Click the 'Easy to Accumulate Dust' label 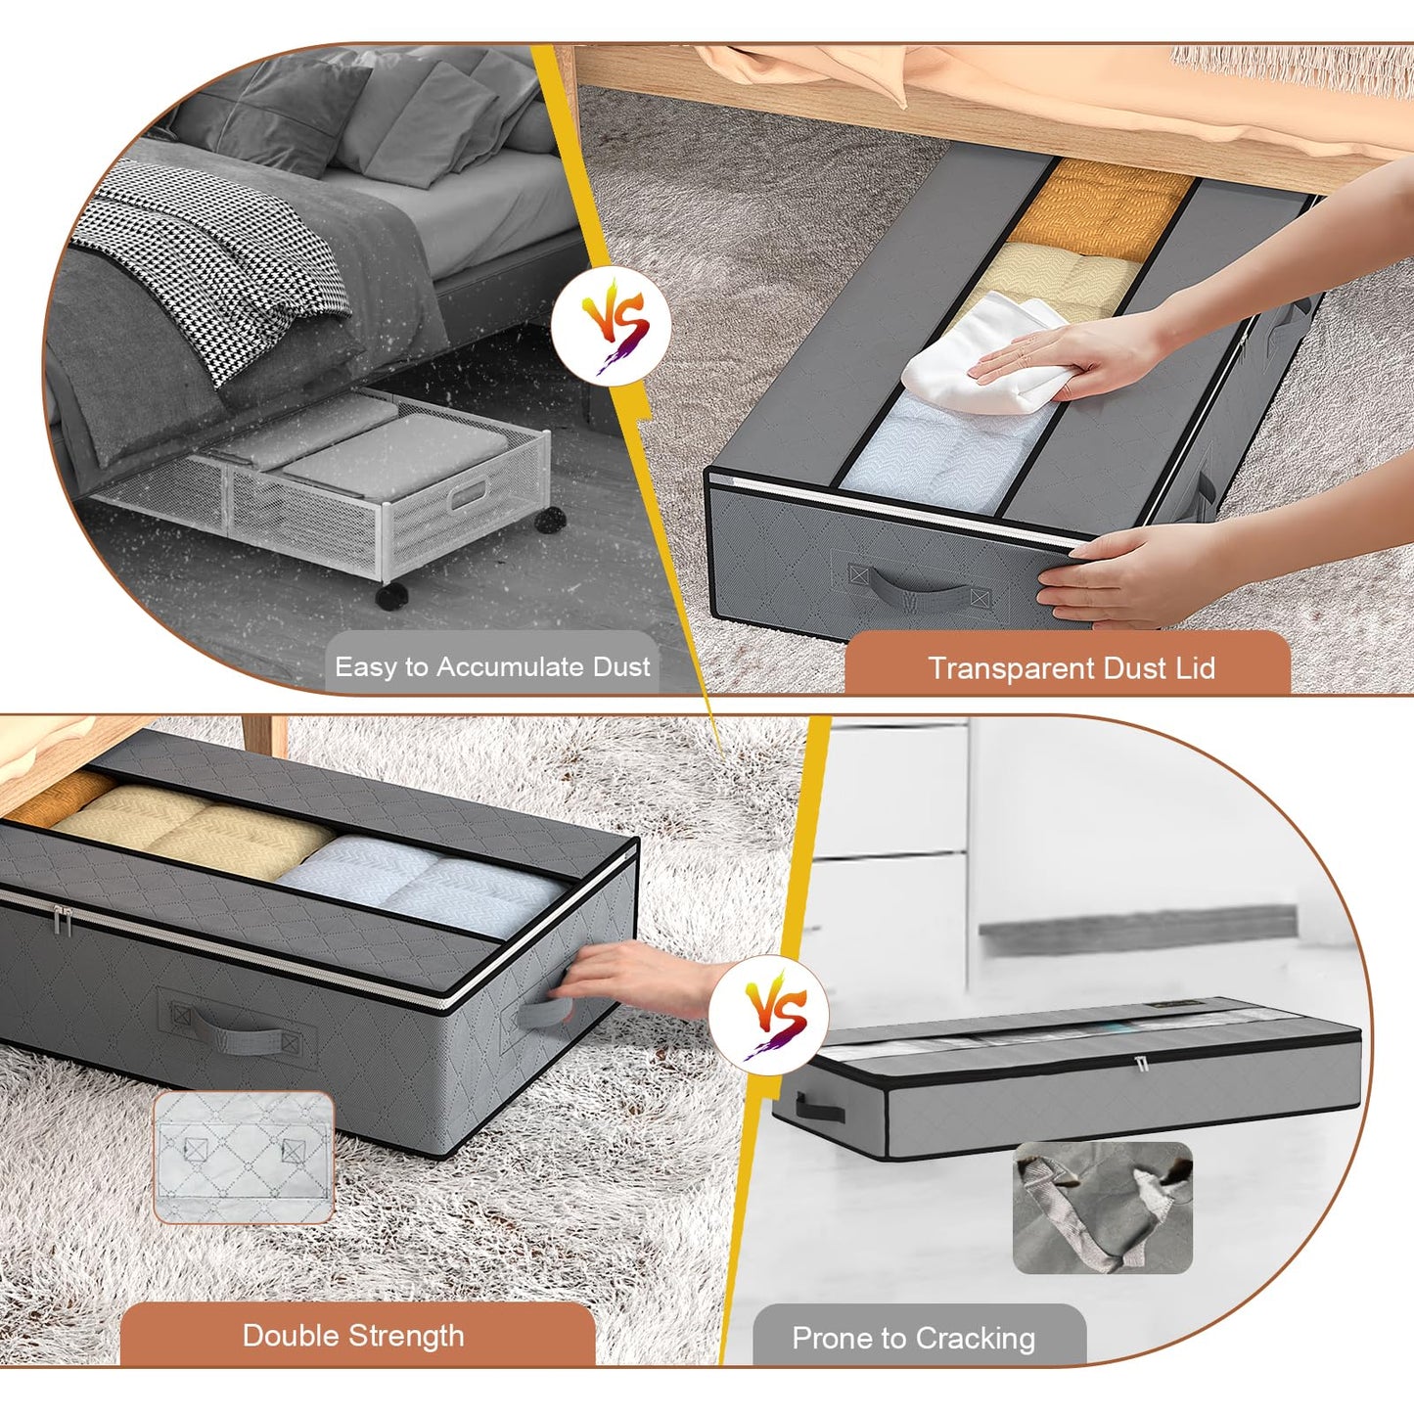[492, 667]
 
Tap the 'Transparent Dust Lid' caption [1071, 668]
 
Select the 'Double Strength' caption [353, 1336]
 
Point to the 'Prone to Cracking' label [913, 1338]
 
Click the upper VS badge [613, 326]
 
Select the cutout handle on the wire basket [468, 495]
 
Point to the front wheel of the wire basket [391, 595]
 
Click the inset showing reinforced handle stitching [244, 1157]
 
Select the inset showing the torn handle [1102, 1209]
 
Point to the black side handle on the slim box [819, 1108]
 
